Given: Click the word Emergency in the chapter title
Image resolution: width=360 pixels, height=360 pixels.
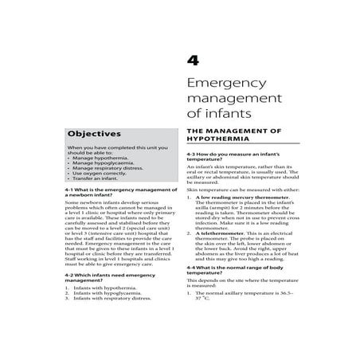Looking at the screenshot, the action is pyautogui.click(x=225, y=86).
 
